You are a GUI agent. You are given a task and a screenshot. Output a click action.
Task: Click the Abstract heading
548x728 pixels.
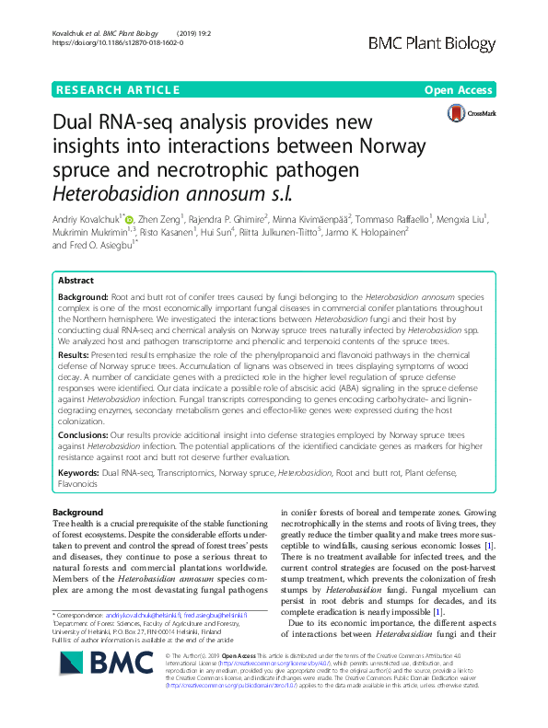coord(76,280)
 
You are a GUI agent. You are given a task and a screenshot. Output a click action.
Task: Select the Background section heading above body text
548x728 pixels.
coord(78,513)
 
